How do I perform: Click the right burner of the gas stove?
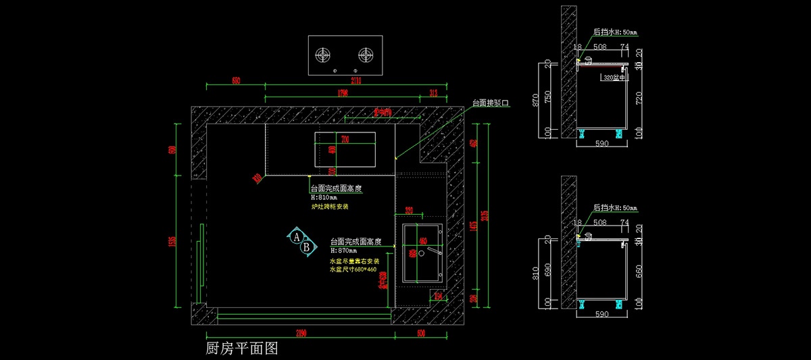click(366, 53)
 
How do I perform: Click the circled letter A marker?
click(297, 237)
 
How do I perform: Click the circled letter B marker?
click(306, 248)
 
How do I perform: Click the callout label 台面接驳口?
click(490, 103)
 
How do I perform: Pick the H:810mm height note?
click(328, 198)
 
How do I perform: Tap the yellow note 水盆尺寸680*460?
click(353, 269)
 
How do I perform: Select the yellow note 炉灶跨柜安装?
click(330, 207)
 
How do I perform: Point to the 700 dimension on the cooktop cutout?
click(345, 140)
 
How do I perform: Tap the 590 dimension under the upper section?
click(601, 144)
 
